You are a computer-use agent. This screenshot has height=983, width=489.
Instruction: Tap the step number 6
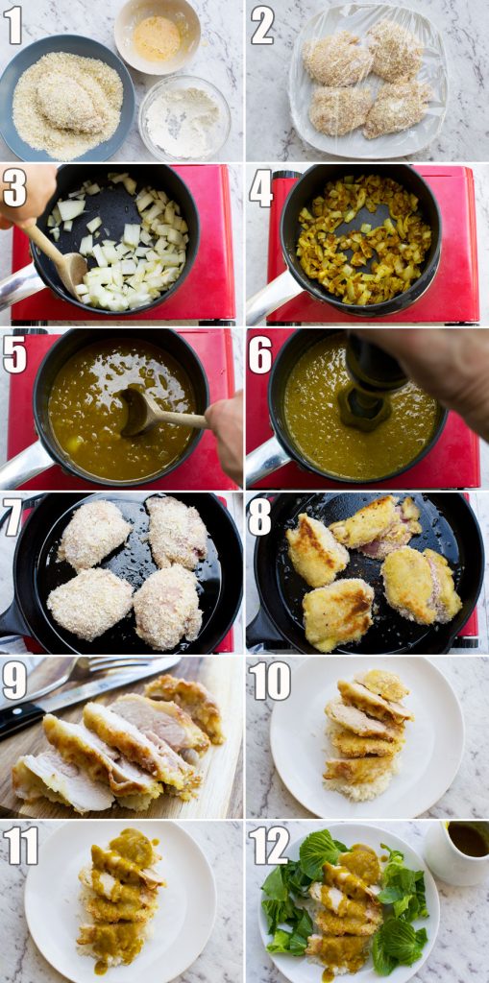click(x=259, y=355)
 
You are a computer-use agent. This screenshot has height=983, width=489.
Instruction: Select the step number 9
click(x=13, y=681)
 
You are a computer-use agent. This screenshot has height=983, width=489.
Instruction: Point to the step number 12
click(x=269, y=845)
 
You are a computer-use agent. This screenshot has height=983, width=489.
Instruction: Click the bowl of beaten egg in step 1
click(x=157, y=36)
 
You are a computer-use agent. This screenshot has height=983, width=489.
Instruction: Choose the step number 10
click(x=269, y=681)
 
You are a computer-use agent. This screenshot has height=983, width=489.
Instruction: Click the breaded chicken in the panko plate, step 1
click(x=73, y=101)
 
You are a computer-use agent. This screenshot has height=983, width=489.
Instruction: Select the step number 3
click(x=14, y=188)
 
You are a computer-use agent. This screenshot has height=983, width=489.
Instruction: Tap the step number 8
click(x=259, y=517)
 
